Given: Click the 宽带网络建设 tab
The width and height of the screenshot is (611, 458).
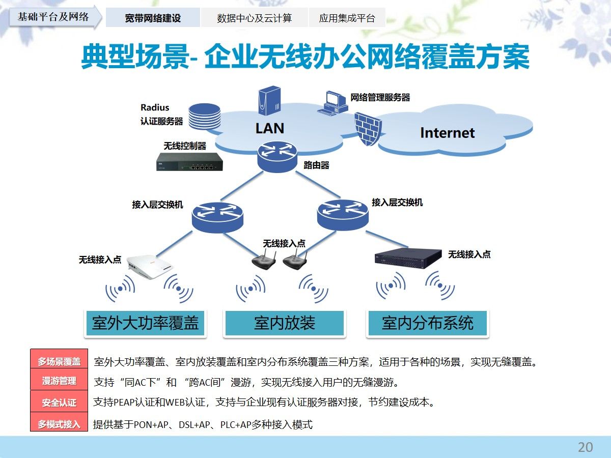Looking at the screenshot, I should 153,18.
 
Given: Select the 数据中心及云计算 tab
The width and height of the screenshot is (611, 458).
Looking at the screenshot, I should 254,18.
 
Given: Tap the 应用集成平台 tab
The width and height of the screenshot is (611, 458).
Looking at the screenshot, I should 347,18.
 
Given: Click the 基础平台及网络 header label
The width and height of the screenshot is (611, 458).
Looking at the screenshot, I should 53,17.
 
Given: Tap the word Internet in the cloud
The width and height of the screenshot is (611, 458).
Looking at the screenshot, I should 447,133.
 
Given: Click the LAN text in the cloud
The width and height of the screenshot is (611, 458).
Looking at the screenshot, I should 270,128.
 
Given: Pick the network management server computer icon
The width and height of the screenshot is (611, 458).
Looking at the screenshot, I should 332,102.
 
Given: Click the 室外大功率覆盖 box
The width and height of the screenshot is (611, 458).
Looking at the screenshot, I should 145,323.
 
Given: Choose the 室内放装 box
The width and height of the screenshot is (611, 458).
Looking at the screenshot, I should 285,323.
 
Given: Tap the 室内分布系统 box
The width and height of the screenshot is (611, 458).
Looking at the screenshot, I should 428,323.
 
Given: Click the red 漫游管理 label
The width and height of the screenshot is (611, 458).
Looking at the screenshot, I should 59,381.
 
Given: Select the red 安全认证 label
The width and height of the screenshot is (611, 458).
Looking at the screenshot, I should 59,403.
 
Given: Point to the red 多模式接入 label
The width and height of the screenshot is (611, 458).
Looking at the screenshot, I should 59,424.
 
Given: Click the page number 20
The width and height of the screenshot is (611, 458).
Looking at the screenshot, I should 585,447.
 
